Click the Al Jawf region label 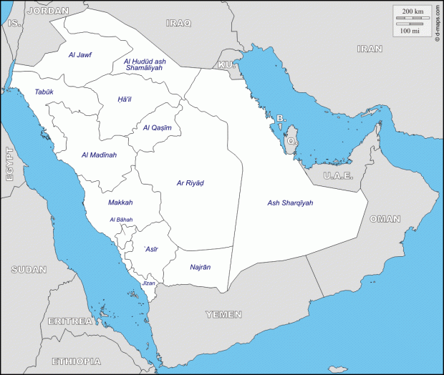pos(80,54)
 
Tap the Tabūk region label pos(44,92)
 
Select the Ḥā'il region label pos(125,99)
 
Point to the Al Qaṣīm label pos(157,128)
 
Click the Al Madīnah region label pos(99,155)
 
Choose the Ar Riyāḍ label pos(190,183)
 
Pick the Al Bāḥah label pos(121,220)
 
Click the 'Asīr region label pos(151,249)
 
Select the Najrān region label pos(200,267)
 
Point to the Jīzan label pos(148,283)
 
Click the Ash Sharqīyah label pos(290,203)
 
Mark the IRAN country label pos(370,49)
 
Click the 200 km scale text pos(411,12)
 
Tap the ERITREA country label pos(70,321)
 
